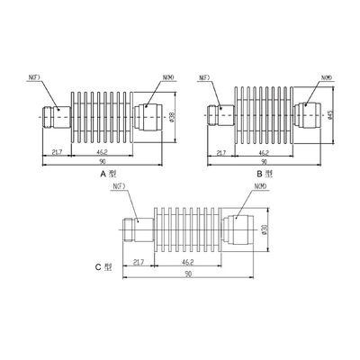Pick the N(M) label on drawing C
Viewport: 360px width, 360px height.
coord(262,188)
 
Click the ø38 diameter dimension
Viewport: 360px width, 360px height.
coord(172,116)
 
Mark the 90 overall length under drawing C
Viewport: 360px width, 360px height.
coord(188,274)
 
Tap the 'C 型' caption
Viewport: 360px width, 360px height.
coord(108,266)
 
